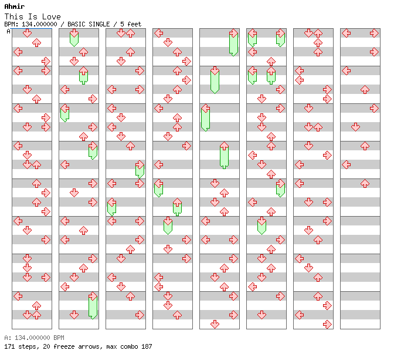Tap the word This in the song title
pyautogui.click(x=14, y=16)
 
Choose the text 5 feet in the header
pyautogui.click(x=131, y=25)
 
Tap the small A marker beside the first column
pyautogui.click(x=9, y=32)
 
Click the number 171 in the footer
pyautogui.click(x=9, y=346)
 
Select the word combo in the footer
pyautogui.click(x=121, y=346)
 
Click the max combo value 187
pyautogui.click(x=145, y=346)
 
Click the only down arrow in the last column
pyautogui.click(x=355, y=127)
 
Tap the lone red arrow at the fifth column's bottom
pyautogui.click(x=215, y=324)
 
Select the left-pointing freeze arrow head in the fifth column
pyautogui.click(x=205, y=109)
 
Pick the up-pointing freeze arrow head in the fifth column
pyautogui.click(x=224, y=146)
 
